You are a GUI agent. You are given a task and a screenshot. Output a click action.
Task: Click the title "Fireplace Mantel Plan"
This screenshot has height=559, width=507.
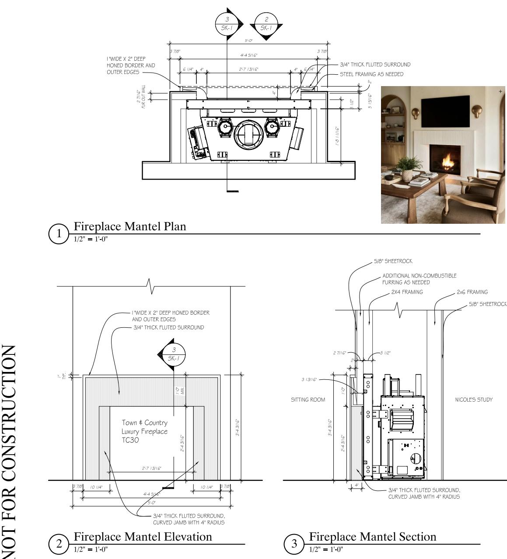click(x=130, y=226)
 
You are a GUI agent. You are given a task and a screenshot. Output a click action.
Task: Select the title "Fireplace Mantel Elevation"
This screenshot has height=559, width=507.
click(x=143, y=537)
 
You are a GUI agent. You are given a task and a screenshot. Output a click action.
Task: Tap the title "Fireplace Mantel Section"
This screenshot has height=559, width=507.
click(x=373, y=537)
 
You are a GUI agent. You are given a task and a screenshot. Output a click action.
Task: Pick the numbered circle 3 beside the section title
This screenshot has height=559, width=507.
click(x=294, y=544)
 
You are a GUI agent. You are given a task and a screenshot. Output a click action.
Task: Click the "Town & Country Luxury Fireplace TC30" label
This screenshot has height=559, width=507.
click(x=144, y=431)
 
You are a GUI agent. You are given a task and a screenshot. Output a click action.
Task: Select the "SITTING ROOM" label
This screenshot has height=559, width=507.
click(x=308, y=399)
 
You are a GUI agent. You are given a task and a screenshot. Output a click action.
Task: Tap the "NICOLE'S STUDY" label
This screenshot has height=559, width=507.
click(x=474, y=399)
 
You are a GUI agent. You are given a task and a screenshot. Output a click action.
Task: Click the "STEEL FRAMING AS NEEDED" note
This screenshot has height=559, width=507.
click(x=371, y=74)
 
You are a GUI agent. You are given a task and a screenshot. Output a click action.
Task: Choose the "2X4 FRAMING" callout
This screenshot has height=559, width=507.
click(x=407, y=292)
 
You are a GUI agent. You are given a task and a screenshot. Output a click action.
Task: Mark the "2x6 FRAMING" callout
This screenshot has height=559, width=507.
click(x=472, y=292)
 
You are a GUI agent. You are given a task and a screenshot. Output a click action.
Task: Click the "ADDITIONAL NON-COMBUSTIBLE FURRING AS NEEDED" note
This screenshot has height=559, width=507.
click(x=419, y=279)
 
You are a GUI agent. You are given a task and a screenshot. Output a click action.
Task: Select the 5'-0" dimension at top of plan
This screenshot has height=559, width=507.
click(x=248, y=41)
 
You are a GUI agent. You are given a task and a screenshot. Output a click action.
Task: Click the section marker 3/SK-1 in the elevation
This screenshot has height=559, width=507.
click(x=174, y=354)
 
